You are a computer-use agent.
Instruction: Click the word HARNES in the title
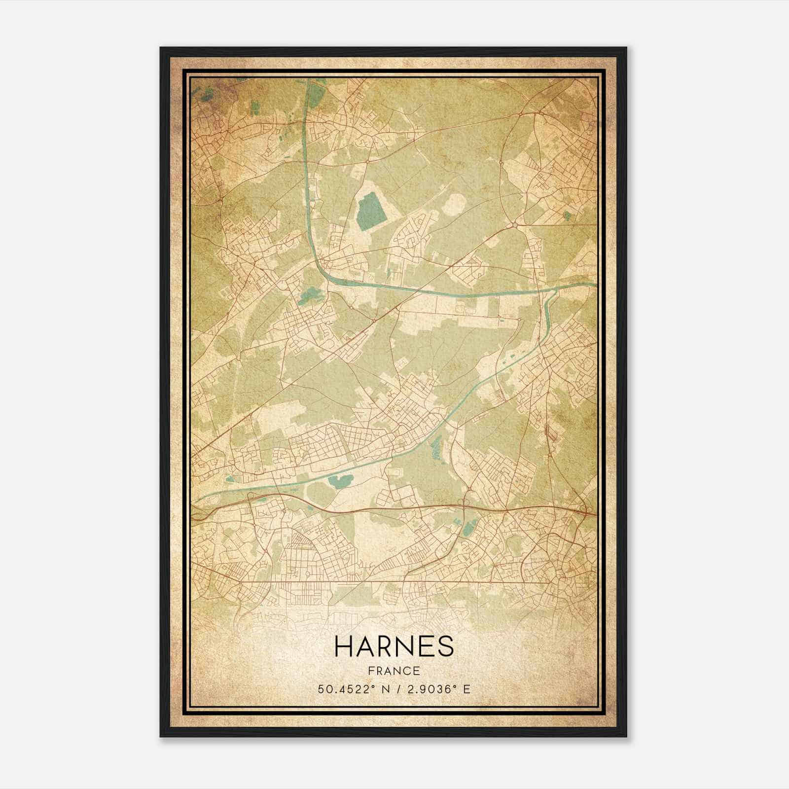point(394,646)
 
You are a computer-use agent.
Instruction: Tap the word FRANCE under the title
point(394,671)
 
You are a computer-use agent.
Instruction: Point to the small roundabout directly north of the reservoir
point(368,161)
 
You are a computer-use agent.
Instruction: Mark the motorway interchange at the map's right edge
point(587,512)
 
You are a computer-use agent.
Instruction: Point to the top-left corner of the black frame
point(161,48)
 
